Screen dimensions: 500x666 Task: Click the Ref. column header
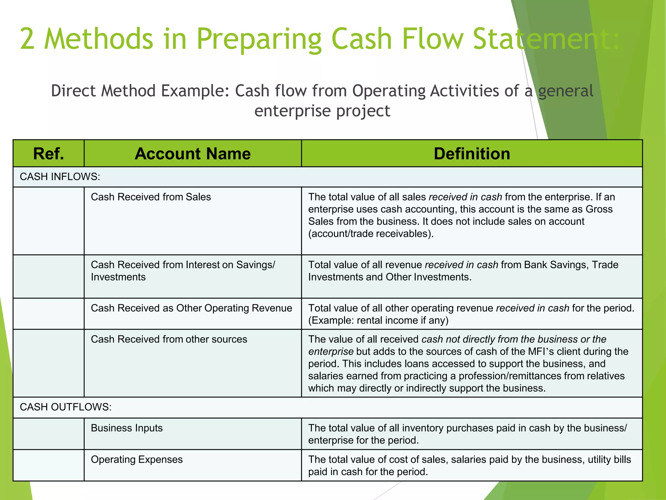pos(48,154)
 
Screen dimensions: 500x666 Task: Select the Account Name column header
pos(193,154)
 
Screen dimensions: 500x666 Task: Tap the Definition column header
pos(472,154)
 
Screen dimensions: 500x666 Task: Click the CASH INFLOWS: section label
pos(60,177)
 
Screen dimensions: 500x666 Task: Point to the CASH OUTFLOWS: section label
pos(65,407)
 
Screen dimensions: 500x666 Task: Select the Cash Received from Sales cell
pos(151,197)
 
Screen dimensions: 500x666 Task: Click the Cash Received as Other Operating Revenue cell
pos(191,308)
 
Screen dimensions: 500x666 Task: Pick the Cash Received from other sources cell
pos(169,339)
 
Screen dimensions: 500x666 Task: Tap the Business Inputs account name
pos(127,428)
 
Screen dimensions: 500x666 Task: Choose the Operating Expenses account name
pos(137,459)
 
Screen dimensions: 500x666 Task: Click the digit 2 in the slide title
pos(27,39)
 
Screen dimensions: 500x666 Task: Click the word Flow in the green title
pos(432,39)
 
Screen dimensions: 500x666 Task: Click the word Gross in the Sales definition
pos(599,209)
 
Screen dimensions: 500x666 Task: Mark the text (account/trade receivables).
pos(371,234)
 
